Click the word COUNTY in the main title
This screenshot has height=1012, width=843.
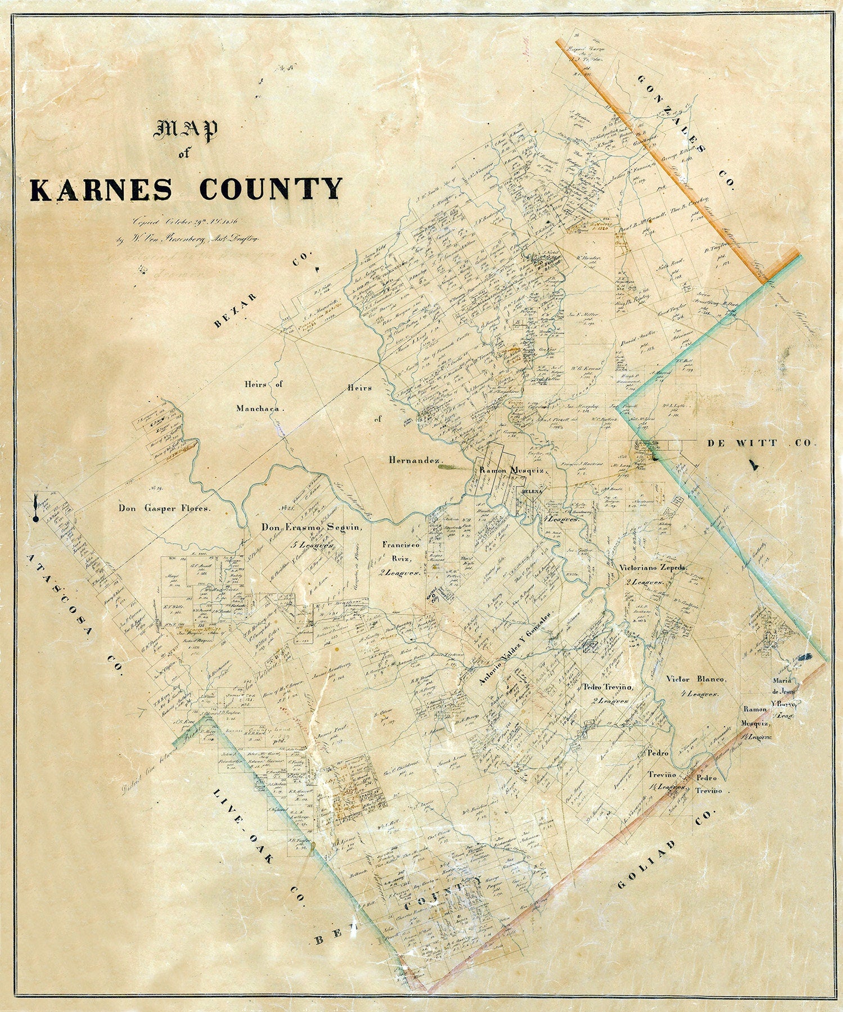271,188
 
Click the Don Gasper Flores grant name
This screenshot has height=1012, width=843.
164,509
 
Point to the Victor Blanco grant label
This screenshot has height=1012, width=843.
696,679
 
